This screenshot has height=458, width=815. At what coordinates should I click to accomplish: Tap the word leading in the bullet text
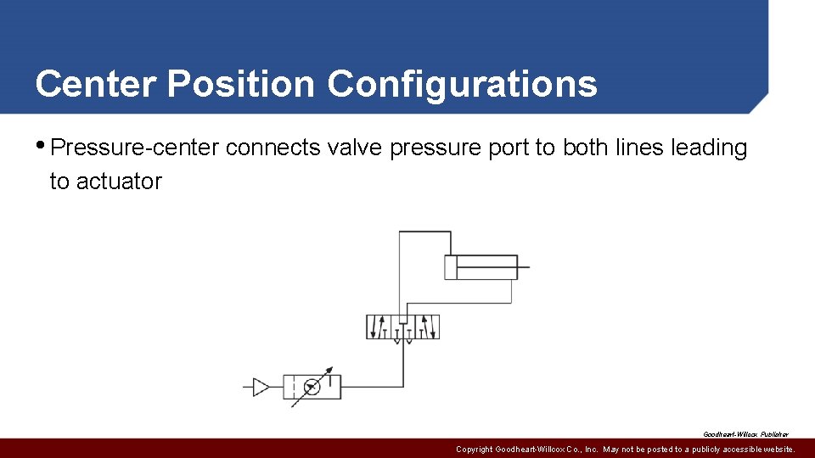coord(709,148)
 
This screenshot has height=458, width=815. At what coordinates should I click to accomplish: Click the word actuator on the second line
coord(118,182)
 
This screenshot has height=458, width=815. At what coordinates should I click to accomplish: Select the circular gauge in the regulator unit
coord(312,387)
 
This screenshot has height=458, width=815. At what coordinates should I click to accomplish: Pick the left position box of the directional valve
coord(379,327)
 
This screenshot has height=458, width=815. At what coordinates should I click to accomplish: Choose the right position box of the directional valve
coord(427,327)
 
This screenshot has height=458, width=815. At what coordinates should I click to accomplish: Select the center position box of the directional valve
coord(402,327)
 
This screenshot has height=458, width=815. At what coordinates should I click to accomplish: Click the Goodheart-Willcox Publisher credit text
coord(745,434)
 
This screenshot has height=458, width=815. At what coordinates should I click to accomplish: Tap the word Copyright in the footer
coord(474,450)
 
